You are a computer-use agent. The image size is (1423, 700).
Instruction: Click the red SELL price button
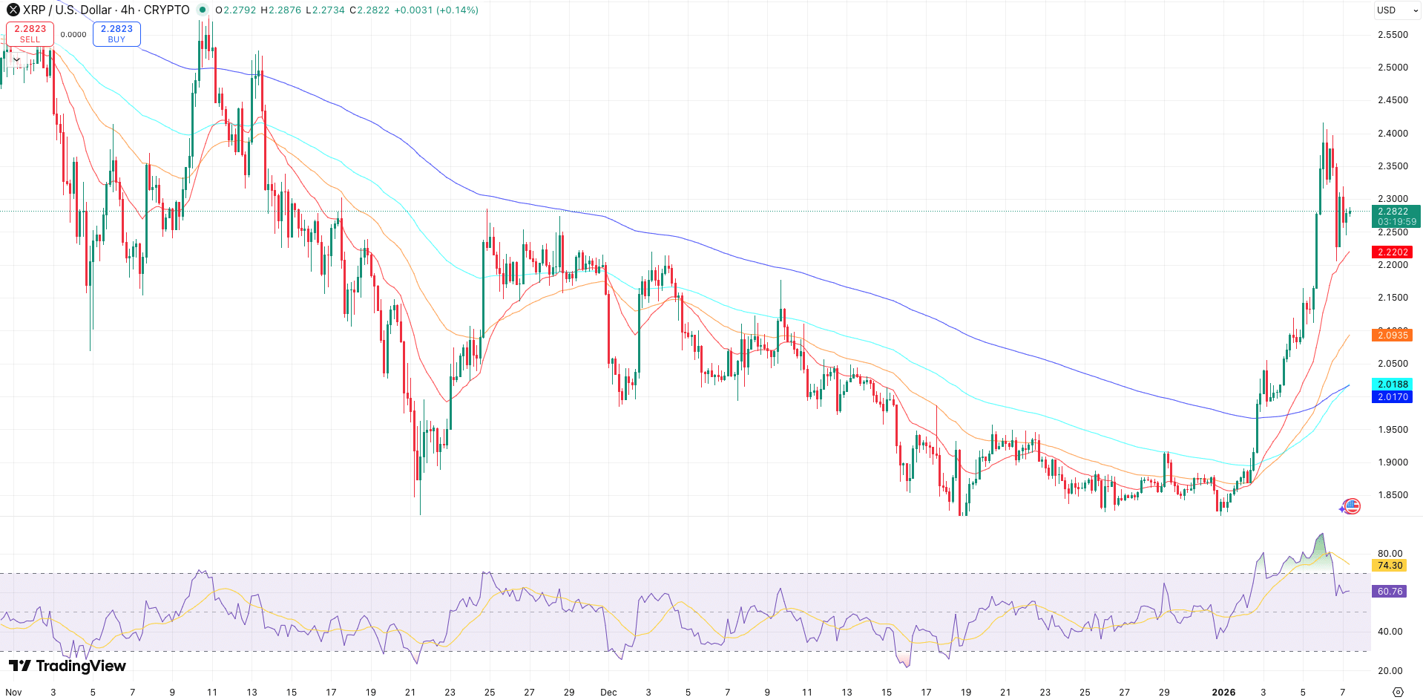click(30, 34)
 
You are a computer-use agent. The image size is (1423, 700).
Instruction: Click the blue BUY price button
click(116, 34)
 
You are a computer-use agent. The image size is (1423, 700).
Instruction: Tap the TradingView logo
click(68, 666)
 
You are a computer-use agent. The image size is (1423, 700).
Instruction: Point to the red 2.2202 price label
click(1392, 252)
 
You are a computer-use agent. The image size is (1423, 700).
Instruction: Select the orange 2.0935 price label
click(1392, 336)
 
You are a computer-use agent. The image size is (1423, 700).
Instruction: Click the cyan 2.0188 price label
click(1392, 385)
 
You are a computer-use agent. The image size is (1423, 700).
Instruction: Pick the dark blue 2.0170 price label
click(1392, 397)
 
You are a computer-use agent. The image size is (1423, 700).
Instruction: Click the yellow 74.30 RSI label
click(1390, 566)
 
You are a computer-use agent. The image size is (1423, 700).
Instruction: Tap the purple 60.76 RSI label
click(1390, 592)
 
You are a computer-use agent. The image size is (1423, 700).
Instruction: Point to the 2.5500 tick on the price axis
click(1393, 35)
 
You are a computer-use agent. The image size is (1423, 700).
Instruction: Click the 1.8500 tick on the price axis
click(1393, 495)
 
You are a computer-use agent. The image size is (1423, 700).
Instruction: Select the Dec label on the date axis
click(608, 692)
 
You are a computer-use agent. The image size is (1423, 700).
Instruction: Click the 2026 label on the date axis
click(1223, 692)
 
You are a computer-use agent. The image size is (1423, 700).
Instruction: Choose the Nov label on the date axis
click(13, 692)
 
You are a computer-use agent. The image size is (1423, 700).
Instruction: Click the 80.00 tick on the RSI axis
click(1390, 554)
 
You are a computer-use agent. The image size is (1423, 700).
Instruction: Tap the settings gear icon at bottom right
click(1398, 692)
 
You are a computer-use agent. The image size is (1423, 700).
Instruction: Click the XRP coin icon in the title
click(13, 10)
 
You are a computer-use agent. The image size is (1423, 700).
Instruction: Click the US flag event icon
click(1352, 506)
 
